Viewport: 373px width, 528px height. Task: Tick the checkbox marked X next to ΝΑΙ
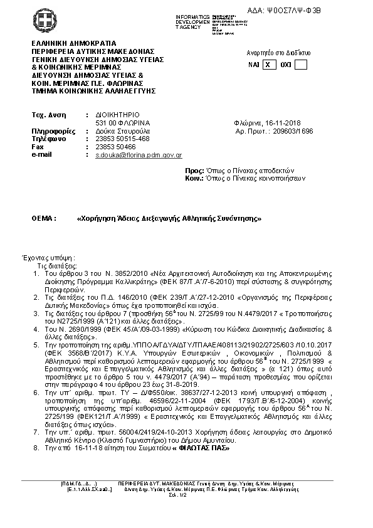click(x=268, y=65)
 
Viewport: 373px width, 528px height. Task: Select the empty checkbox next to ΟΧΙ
click(x=300, y=65)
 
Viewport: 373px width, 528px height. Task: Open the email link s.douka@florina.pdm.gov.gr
click(x=139, y=154)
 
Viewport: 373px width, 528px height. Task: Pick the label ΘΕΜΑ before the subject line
click(x=44, y=218)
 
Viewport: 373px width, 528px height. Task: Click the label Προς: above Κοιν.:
click(x=195, y=171)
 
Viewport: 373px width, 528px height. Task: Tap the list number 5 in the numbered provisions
click(x=36, y=344)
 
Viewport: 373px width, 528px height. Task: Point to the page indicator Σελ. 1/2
click(x=186, y=495)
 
